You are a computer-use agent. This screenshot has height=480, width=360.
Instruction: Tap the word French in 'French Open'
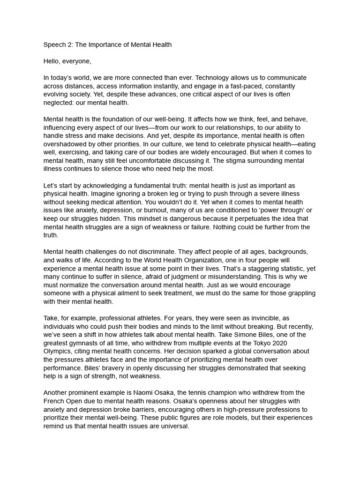point(55,401)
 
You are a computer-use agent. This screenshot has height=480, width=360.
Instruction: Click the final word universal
point(174,426)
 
